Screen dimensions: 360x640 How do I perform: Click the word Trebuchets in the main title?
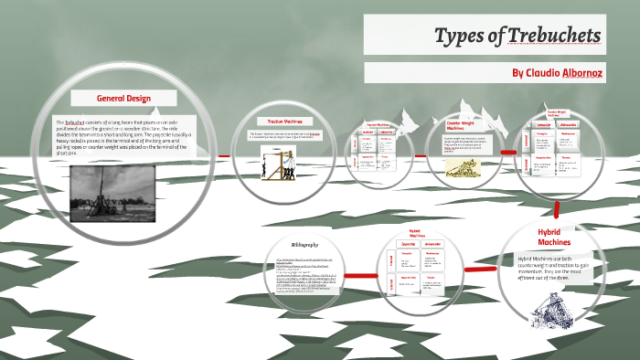pyautogui.click(x=553, y=36)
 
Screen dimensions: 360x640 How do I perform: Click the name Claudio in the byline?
pyautogui.click(x=547, y=73)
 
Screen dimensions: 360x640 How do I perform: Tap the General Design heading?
pyautogui.click(x=123, y=98)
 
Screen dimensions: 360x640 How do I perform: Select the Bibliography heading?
pyautogui.click(x=304, y=245)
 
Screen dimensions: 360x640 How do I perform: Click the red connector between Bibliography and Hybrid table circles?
pyautogui.click(x=359, y=274)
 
